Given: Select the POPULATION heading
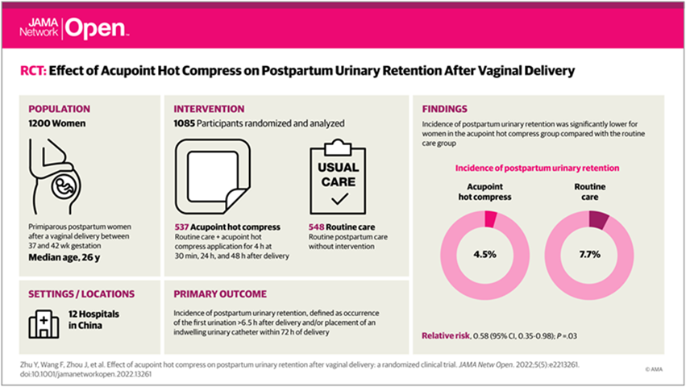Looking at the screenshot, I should (59, 109).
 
